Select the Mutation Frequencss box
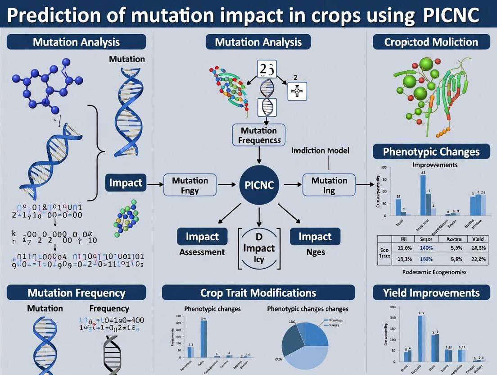coord(259,135)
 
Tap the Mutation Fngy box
coord(190,185)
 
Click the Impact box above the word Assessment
coord(202,237)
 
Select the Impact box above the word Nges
coord(315,237)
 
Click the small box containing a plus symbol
coord(297,91)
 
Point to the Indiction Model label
coord(320,151)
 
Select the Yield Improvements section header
coord(431,293)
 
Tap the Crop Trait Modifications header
coord(258,293)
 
